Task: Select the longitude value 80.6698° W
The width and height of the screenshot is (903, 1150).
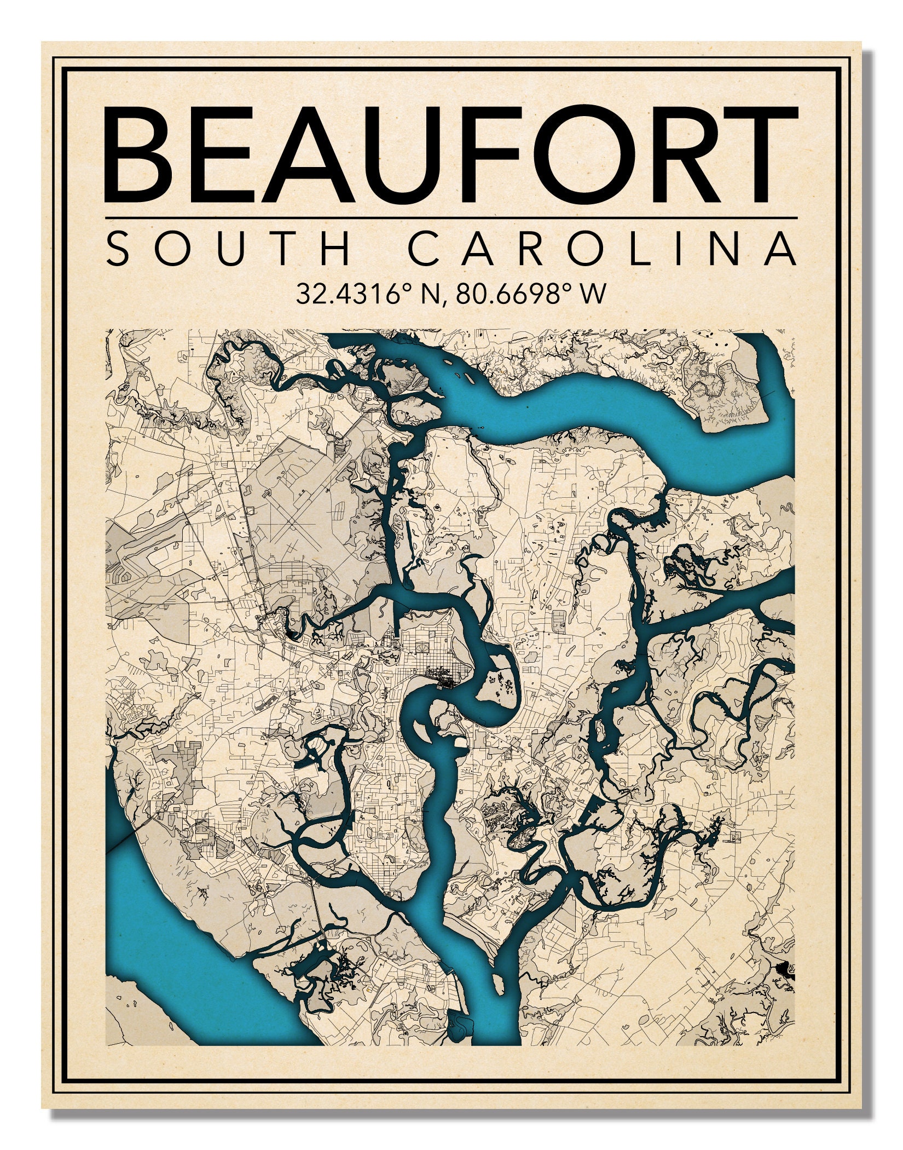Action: point(531,294)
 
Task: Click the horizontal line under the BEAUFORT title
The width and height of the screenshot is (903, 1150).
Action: point(451,218)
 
